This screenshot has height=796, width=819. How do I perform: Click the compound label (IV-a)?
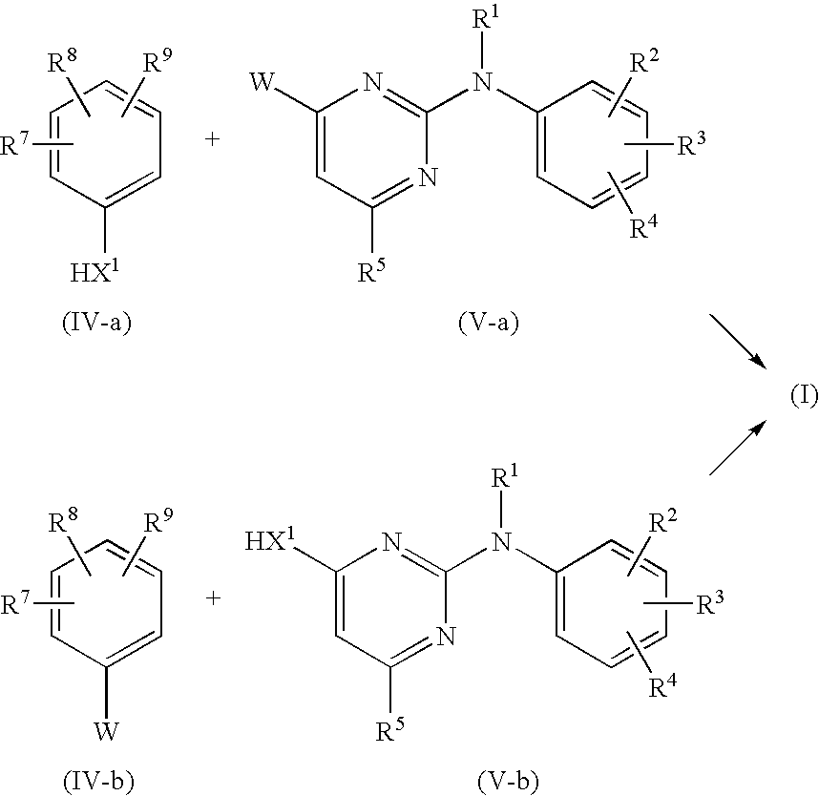pyautogui.click(x=97, y=323)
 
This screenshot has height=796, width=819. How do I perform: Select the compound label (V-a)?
pyautogui.click(x=489, y=323)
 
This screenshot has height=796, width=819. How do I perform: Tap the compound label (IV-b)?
pyautogui.click(x=98, y=782)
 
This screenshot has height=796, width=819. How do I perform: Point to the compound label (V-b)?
pyautogui.click(x=508, y=782)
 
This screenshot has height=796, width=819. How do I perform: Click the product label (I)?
pyautogui.click(x=804, y=396)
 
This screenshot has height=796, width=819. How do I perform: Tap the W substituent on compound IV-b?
pyautogui.click(x=106, y=731)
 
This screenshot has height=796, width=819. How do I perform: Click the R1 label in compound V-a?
pyautogui.click(x=485, y=18)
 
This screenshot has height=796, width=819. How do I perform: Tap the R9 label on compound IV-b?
pyautogui.click(x=158, y=521)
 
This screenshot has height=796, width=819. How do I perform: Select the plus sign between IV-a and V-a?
pyautogui.click(x=212, y=139)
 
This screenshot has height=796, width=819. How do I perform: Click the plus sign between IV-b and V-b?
pyautogui.click(x=213, y=598)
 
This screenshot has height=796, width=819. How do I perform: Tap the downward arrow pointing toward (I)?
pyautogui.click(x=738, y=341)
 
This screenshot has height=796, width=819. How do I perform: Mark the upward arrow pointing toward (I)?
pyautogui.click(x=738, y=448)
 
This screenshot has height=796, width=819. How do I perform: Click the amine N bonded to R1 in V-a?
pyautogui.click(x=483, y=82)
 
